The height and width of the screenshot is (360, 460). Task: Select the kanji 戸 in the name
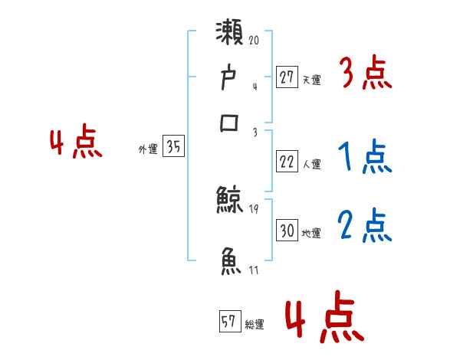(x=230, y=78)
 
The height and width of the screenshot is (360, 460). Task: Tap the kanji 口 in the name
(x=230, y=123)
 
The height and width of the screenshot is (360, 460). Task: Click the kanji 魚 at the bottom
(x=230, y=263)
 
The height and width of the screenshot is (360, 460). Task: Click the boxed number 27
(x=287, y=78)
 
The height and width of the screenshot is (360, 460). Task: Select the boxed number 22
(x=287, y=162)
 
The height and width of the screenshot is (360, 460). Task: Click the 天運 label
(x=312, y=80)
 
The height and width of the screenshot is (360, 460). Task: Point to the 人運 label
(x=312, y=164)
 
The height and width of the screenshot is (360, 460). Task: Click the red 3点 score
(x=365, y=74)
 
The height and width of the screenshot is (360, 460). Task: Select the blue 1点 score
(x=365, y=157)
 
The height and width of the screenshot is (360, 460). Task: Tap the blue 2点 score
(x=365, y=226)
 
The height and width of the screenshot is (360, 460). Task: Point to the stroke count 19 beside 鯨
(x=254, y=209)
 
